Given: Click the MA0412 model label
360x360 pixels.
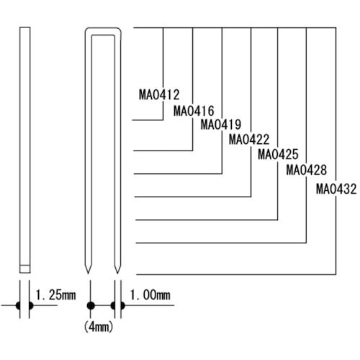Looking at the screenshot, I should (x=158, y=94).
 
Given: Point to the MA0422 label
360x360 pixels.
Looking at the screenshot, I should (x=248, y=139).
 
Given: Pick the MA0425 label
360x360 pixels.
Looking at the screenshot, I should (x=277, y=154).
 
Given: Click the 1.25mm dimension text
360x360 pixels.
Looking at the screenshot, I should (x=56, y=294).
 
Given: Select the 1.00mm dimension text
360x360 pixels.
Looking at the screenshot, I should (x=150, y=294).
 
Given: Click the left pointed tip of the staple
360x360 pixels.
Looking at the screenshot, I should (x=91, y=271).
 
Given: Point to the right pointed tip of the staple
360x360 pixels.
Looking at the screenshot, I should (x=118, y=271).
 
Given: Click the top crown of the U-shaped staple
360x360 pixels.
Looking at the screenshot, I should (x=104, y=30).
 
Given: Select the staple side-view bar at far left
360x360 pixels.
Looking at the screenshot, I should (x=25, y=144).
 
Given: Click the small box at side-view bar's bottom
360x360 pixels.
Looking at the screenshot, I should (x=25, y=269).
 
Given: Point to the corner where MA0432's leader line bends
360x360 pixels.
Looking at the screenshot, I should (x=336, y=274).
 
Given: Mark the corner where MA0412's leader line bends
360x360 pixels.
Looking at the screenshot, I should (x=163, y=124).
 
